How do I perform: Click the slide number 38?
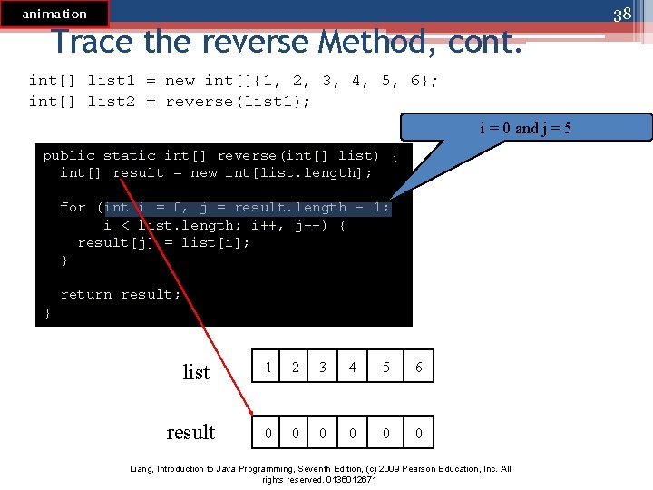(x=621, y=15)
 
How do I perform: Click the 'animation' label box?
(x=54, y=14)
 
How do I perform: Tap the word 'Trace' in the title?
(x=91, y=42)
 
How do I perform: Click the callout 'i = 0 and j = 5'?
(x=525, y=128)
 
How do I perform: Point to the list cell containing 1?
(x=268, y=367)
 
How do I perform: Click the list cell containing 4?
(x=353, y=367)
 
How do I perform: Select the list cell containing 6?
(x=418, y=367)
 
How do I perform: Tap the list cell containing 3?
(x=322, y=367)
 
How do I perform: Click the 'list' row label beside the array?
(x=196, y=372)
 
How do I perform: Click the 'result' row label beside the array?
(x=190, y=432)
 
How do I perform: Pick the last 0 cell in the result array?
(x=418, y=434)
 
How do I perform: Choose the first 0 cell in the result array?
(x=268, y=434)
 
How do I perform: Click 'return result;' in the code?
(x=121, y=295)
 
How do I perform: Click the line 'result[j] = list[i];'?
(x=164, y=242)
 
